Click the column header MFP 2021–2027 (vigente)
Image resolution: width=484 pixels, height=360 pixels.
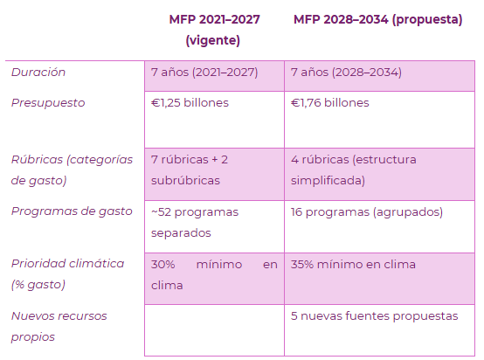coord(214,30)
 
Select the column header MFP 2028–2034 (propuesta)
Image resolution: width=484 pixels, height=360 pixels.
coord(377,20)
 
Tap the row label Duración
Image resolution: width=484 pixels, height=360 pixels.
coord(38,73)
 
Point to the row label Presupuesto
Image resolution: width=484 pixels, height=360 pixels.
coord(48,103)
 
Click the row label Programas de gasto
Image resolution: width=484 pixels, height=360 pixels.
coord(72,211)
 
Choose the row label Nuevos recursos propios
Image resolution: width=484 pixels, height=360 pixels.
coord(59,326)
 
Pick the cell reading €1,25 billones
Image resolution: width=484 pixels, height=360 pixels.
coord(190,103)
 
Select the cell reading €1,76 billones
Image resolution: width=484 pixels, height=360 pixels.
coord(329,103)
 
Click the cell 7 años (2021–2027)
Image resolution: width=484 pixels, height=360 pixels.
coord(204,73)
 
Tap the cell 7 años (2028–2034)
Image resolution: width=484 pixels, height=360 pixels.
coord(346,73)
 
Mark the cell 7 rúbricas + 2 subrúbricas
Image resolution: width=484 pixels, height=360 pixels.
coord(190,170)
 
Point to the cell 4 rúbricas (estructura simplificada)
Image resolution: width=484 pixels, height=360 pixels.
coord(354,170)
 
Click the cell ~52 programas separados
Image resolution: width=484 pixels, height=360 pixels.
coord(195,222)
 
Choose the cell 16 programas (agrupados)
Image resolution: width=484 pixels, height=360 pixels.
coord(367,212)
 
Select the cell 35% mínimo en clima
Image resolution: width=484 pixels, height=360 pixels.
coord(353,265)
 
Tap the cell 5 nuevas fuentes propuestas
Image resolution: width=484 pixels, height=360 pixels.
coord(375,316)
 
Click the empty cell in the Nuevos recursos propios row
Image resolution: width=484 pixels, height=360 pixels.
coord(214,330)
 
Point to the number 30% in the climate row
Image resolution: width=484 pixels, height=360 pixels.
coord(163,265)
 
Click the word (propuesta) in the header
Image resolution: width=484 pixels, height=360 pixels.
coord(427,20)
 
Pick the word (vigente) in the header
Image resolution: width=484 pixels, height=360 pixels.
coord(212,41)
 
